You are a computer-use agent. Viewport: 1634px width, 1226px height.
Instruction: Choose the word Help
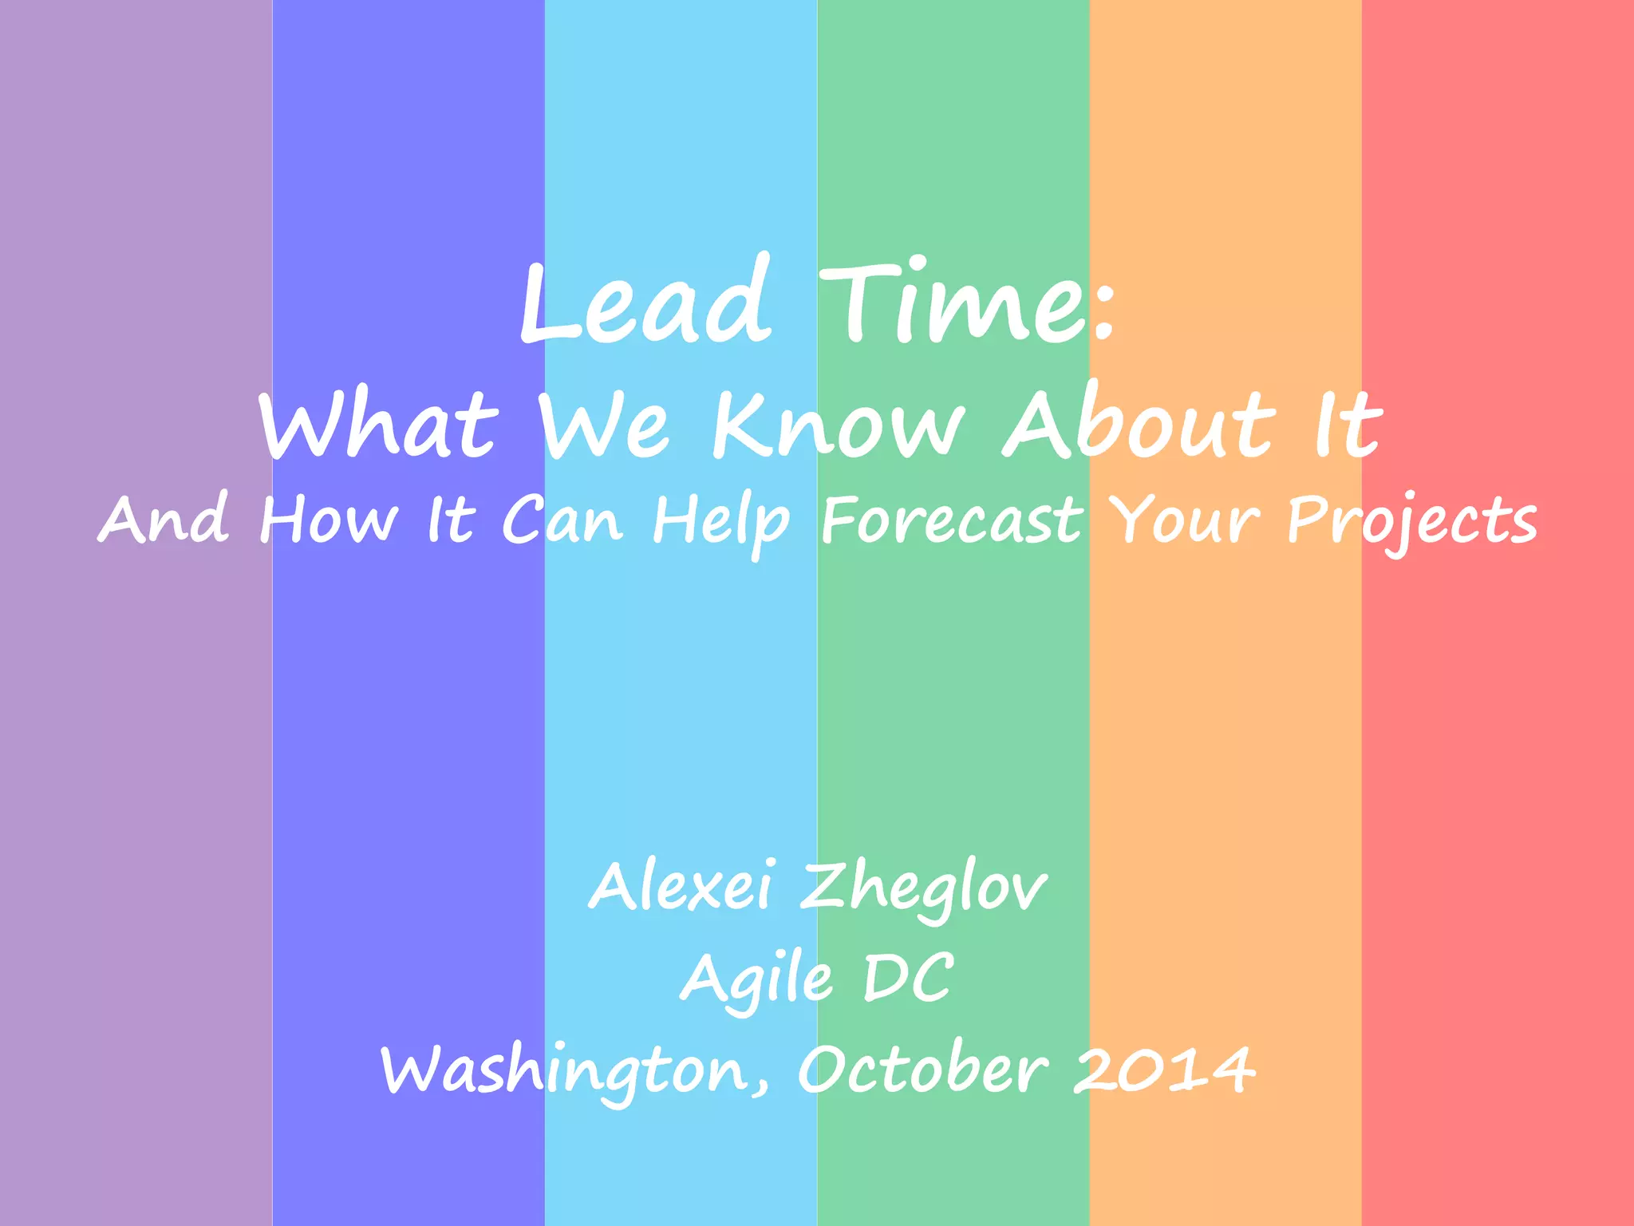721,521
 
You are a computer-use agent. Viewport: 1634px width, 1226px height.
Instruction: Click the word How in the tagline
328,520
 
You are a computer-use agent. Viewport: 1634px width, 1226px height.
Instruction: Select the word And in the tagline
164,520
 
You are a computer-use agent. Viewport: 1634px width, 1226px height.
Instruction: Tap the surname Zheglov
924,888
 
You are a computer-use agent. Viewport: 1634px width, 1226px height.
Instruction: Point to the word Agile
756,979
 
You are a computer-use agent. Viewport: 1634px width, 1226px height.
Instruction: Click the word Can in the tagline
562,520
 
